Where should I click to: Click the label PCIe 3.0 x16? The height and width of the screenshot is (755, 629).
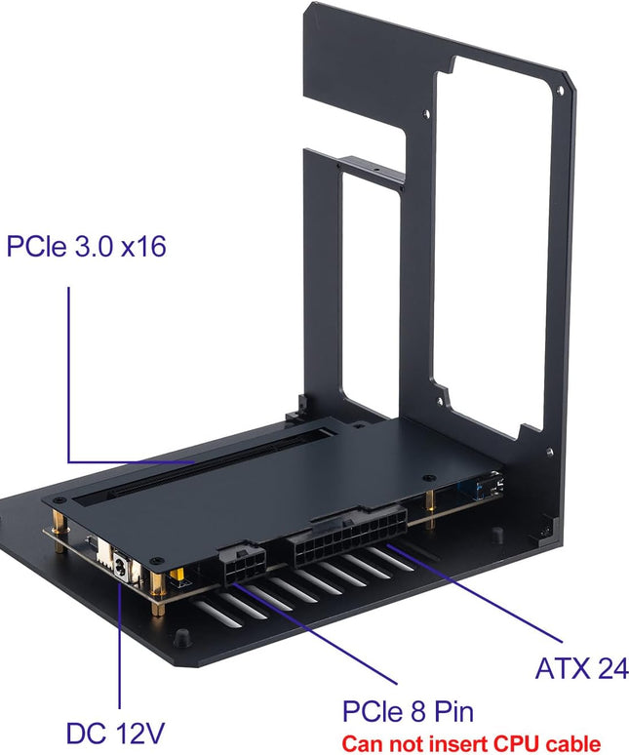pos(86,247)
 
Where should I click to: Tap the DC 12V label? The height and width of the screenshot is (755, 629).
pos(115,733)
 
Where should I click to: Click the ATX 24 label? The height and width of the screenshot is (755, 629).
pos(581,669)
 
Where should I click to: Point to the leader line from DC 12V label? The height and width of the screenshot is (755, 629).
pos(119,644)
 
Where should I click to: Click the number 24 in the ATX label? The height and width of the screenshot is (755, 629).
pos(609,669)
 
